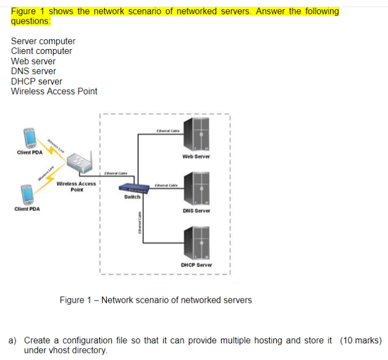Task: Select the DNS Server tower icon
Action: (196, 188)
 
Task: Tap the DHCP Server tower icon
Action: (196, 242)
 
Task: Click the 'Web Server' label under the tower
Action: (196, 157)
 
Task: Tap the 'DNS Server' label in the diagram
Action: (196, 210)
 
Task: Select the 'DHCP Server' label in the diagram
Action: (196, 265)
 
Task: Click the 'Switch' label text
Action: (132, 197)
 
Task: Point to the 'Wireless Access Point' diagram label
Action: (76, 186)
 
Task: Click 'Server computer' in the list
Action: (43, 41)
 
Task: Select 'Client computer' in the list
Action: (42, 51)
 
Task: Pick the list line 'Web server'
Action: (33, 61)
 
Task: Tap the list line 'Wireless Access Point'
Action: (54, 91)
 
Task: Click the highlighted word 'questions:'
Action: (31, 21)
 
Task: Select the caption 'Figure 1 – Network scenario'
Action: (155, 300)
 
